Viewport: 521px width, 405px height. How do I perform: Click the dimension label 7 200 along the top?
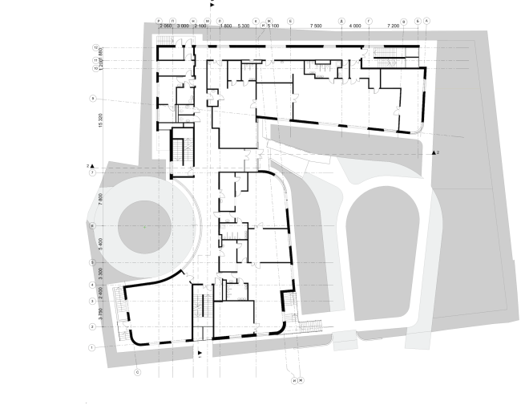click(x=393, y=26)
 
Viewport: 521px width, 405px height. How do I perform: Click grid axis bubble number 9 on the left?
click(x=94, y=99)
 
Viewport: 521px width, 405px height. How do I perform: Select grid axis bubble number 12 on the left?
click(x=95, y=48)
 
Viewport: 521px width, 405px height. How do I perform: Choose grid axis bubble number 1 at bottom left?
click(x=92, y=347)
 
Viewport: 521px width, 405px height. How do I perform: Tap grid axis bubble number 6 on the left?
click(x=93, y=227)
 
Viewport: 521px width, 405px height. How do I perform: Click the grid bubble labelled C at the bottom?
click(x=138, y=371)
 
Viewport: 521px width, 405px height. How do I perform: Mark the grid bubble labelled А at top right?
click(x=428, y=20)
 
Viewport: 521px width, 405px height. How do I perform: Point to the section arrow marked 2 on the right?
click(x=434, y=151)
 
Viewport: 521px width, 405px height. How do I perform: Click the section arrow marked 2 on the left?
click(x=92, y=164)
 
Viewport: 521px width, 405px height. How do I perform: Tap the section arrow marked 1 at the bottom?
click(x=199, y=352)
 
